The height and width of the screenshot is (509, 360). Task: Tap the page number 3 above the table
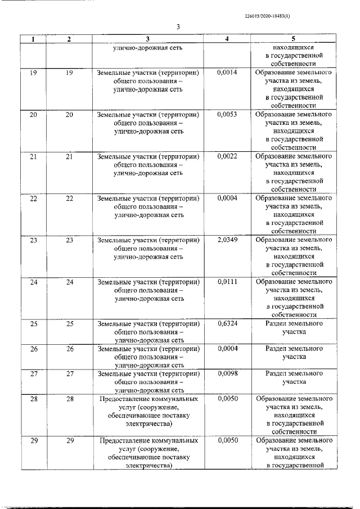177,27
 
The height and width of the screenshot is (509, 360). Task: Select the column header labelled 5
293,39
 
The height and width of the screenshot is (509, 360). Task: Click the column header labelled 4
227,39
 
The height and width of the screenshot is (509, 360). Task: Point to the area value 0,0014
227,73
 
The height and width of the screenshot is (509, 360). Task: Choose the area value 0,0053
227,114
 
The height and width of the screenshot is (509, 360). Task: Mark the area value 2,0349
227,240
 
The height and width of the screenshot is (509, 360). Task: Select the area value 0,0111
227,282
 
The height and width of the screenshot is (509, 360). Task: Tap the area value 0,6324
227,324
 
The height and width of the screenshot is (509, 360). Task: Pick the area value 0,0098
227,373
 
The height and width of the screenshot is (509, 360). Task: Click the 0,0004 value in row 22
227,198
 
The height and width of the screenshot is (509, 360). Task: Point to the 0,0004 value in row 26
227,349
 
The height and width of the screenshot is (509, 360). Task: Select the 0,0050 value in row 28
227,398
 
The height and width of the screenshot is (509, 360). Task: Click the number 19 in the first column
33,73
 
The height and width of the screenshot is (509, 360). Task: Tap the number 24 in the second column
70,282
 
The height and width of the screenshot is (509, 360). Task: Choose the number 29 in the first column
33,440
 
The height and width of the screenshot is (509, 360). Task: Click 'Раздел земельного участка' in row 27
293,377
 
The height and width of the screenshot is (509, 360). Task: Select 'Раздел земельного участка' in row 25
293,328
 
